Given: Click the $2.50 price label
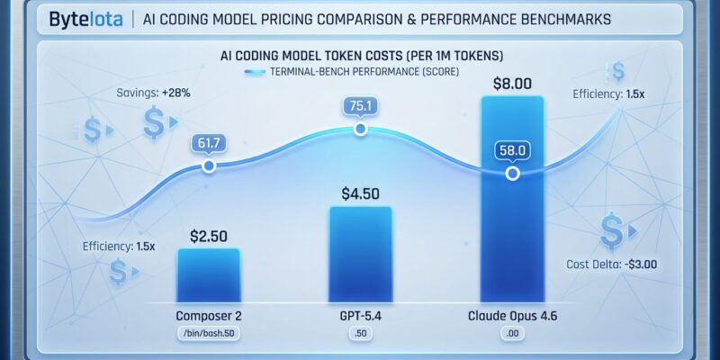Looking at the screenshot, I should pyautogui.click(x=209, y=236).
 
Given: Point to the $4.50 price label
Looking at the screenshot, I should pyautogui.click(x=360, y=193).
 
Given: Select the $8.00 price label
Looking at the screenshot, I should pyautogui.click(x=513, y=84).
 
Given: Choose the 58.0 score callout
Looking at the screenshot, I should pyautogui.click(x=513, y=150).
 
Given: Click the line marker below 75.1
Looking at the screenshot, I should pyautogui.click(x=360, y=130).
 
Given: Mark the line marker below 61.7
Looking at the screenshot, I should pyautogui.click(x=209, y=166).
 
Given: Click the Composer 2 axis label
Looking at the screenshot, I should pyautogui.click(x=209, y=317).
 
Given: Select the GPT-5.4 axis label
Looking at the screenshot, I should pyautogui.click(x=360, y=317).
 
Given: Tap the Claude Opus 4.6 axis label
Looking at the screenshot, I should pyautogui.click(x=513, y=317).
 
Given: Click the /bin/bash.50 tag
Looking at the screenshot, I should pyautogui.click(x=209, y=335).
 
